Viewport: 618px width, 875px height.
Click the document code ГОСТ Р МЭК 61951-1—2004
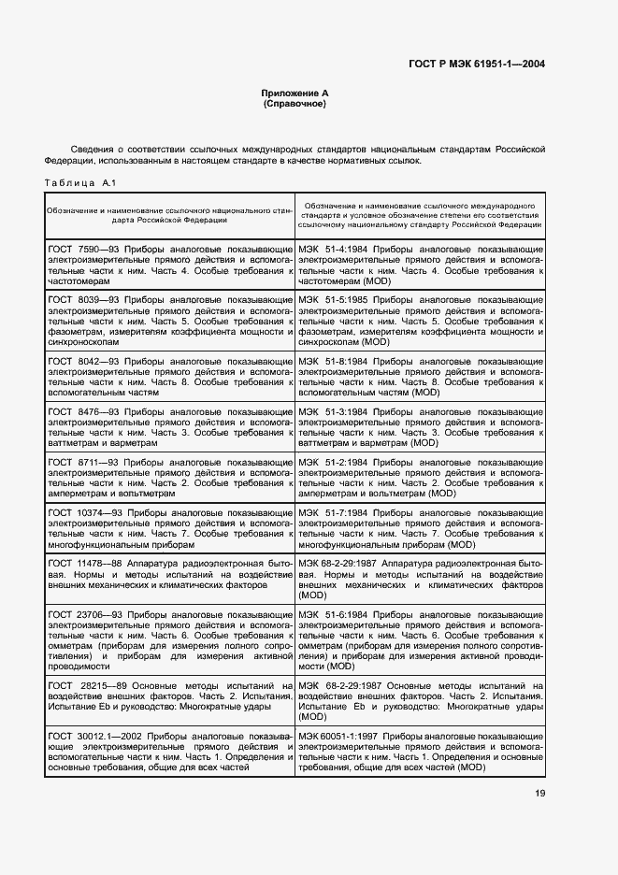[x=479, y=65]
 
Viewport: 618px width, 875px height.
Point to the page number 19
[x=540, y=794]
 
